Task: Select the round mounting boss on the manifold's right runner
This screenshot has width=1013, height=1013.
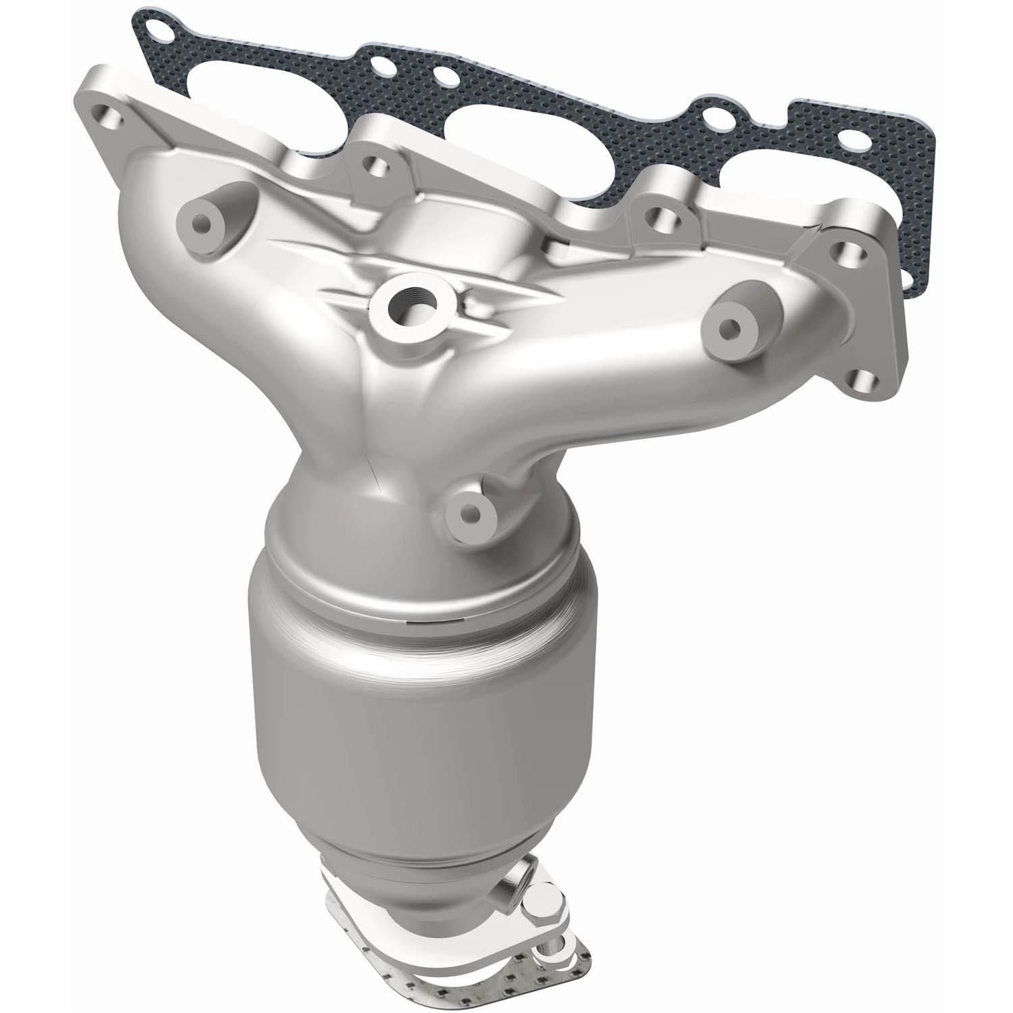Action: (x=728, y=328)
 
